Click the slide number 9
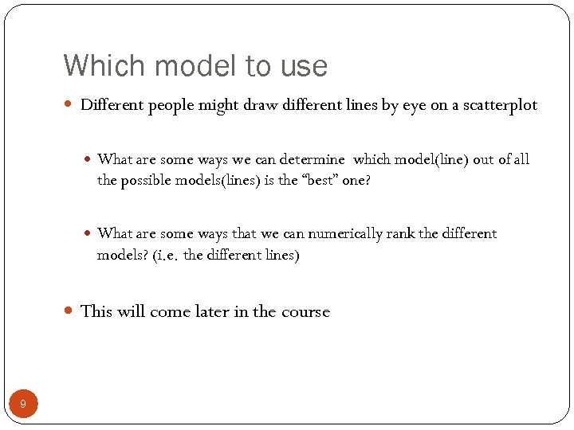click(23, 405)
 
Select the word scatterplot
click(499, 105)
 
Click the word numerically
click(348, 233)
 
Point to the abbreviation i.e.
click(167, 256)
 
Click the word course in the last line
click(305, 311)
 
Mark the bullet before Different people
click(69, 105)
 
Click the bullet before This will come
click(69, 311)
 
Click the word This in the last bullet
click(96, 311)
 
